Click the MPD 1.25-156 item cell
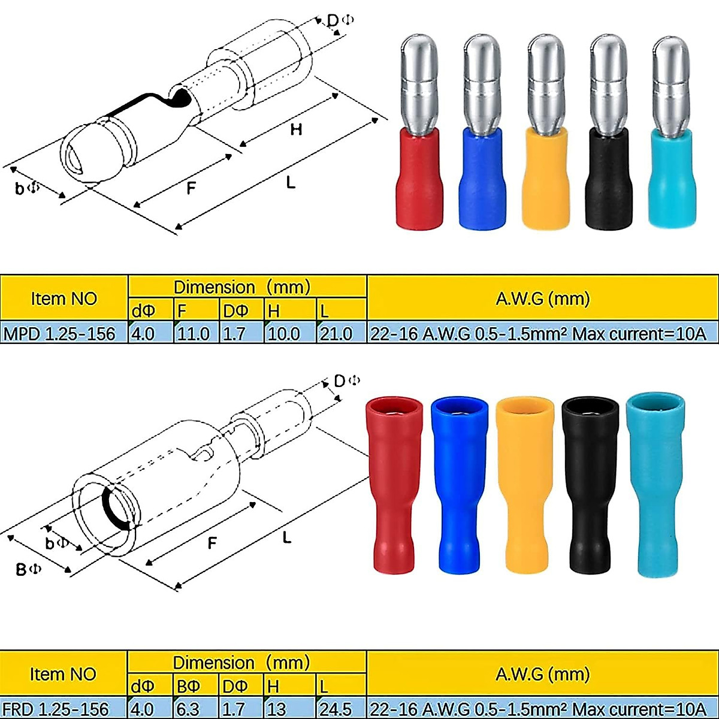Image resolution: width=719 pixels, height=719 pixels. click(x=60, y=333)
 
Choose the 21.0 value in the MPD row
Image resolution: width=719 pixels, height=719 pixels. click(x=336, y=333)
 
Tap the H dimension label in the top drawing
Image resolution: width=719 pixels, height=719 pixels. click(x=296, y=129)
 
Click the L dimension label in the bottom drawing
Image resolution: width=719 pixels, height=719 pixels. click(x=287, y=537)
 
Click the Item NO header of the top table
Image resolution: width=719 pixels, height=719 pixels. click(x=64, y=298)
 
